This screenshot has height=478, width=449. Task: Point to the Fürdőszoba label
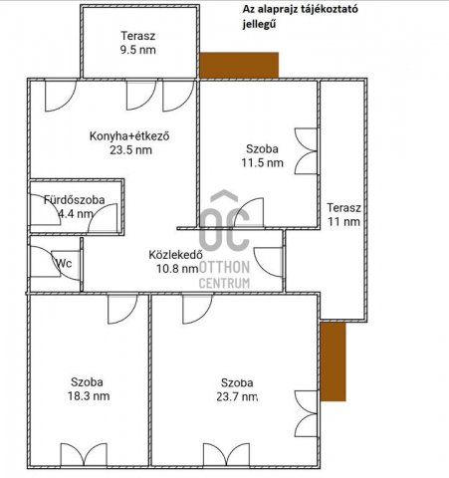pyautogui.click(x=75, y=200)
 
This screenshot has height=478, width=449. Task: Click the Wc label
pyautogui.click(x=64, y=264)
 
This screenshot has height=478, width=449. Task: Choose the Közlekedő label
pyautogui.click(x=176, y=253)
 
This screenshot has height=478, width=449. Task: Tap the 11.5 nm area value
pyautogui.click(x=264, y=162)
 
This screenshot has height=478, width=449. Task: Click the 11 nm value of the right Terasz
pyautogui.click(x=344, y=222)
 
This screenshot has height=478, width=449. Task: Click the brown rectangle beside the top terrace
pyautogui.click(x=239, y=65)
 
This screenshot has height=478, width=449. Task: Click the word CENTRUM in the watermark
pyautogui.click(x=224, y=283)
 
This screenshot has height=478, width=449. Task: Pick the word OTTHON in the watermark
pyautogui.click(x=224, y=267)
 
